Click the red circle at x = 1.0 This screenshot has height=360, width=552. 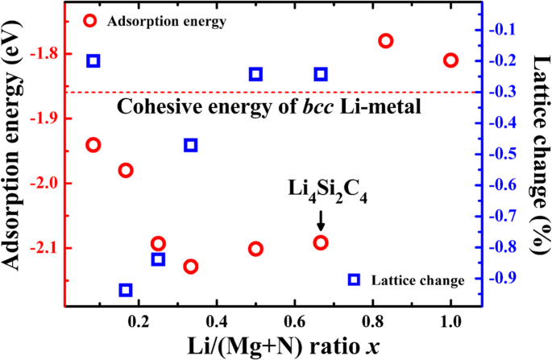click(x=450, y=60)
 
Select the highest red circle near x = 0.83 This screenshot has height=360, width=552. click(x=385, y=41)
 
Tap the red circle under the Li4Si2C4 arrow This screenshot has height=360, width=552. click(x=321, y=242)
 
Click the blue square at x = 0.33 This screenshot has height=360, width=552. click(x=191, y=145)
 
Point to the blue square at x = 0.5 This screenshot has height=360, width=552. click(x=255, y=74)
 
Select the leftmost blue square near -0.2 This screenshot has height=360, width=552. click(x=93, y=60)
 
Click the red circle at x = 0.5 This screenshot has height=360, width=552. click(x=255, y=249)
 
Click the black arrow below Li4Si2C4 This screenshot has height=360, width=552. click(x=321, y=220)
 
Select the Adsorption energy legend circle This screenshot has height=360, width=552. click(x=90, y=21)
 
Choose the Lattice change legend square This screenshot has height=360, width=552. click(x=354, y=279)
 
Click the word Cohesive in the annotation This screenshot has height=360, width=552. click(x=149, y=107)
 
